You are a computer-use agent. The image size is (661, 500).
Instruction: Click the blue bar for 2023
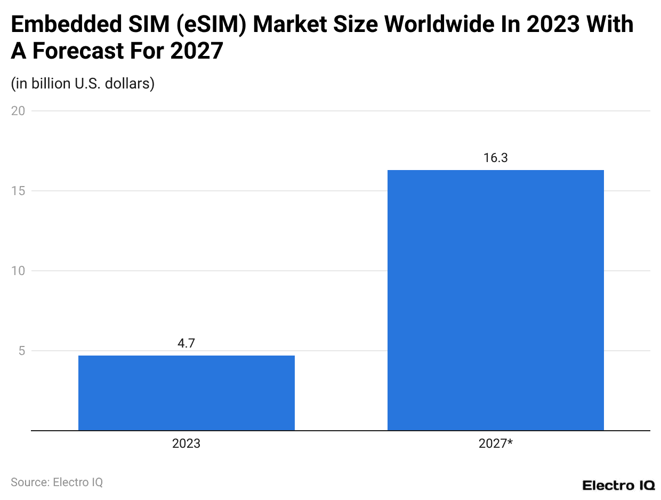click(186, 393)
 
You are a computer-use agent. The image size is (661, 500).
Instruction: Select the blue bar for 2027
click(495, 300)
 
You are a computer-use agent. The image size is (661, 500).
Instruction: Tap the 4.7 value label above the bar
click(186, 343)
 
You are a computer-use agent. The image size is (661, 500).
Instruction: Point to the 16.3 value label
click(495, 158)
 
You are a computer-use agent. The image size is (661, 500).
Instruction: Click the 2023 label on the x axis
click(186, 443)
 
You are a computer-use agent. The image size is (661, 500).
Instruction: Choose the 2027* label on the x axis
click(495, 443)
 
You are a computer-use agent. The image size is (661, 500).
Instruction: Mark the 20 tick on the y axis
click(18, 111)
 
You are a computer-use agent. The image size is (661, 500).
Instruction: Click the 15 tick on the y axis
click(18, 191)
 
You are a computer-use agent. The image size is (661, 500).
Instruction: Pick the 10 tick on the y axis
click(18, 271)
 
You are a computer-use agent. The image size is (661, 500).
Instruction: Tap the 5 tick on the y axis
click(21, 351)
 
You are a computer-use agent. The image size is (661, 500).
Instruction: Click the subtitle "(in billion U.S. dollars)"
click(83, 84)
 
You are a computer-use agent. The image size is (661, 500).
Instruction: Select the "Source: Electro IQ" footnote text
click(57, 482)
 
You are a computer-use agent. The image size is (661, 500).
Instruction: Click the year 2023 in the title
click(552, 25)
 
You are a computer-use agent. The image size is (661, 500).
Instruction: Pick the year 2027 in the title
click(196, 51)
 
